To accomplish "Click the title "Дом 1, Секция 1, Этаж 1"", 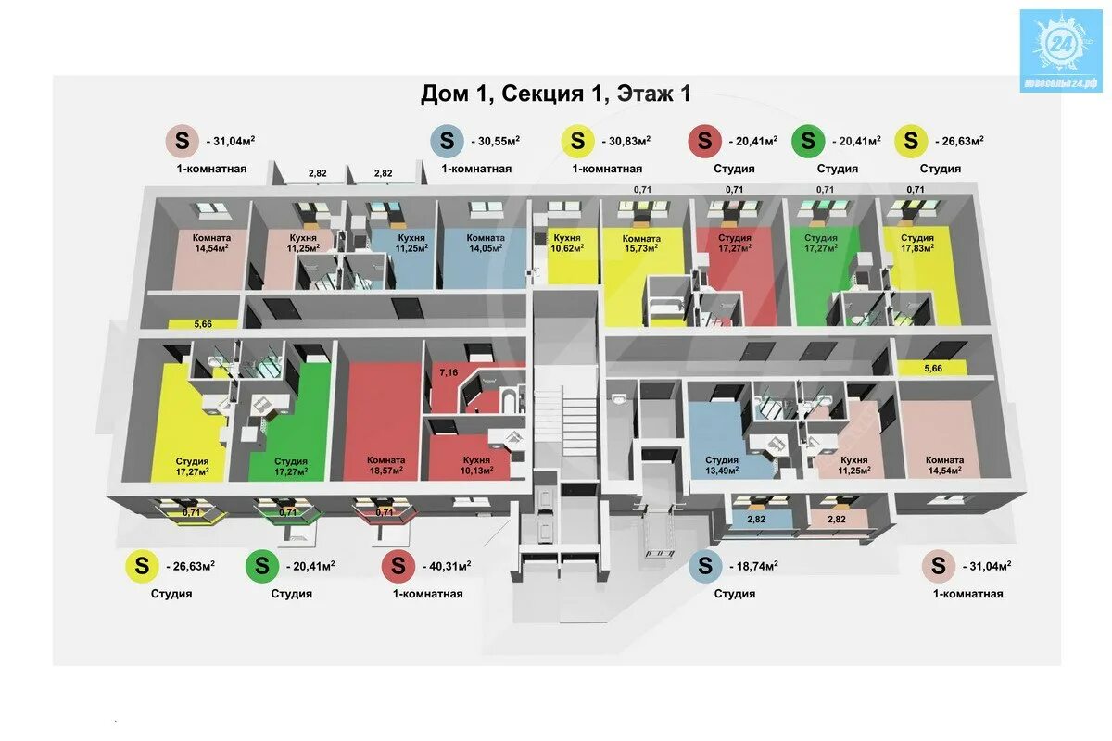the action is click(556, 93).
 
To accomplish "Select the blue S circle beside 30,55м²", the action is click(447, 141).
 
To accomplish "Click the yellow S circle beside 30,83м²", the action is click(578, 141).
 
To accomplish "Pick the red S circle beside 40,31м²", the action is click(398, 565).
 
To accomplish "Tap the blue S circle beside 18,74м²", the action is click(705, 565).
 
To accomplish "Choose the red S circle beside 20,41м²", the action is click(704, 141).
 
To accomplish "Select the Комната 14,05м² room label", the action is click(485, 243).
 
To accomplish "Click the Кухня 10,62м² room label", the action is click(567, 243).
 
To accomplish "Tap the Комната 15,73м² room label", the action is click(640, 243).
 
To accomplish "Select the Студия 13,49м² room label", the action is click(722, 465).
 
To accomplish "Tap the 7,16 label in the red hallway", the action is click(449, 372).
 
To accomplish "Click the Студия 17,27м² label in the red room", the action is click(735, 243).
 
